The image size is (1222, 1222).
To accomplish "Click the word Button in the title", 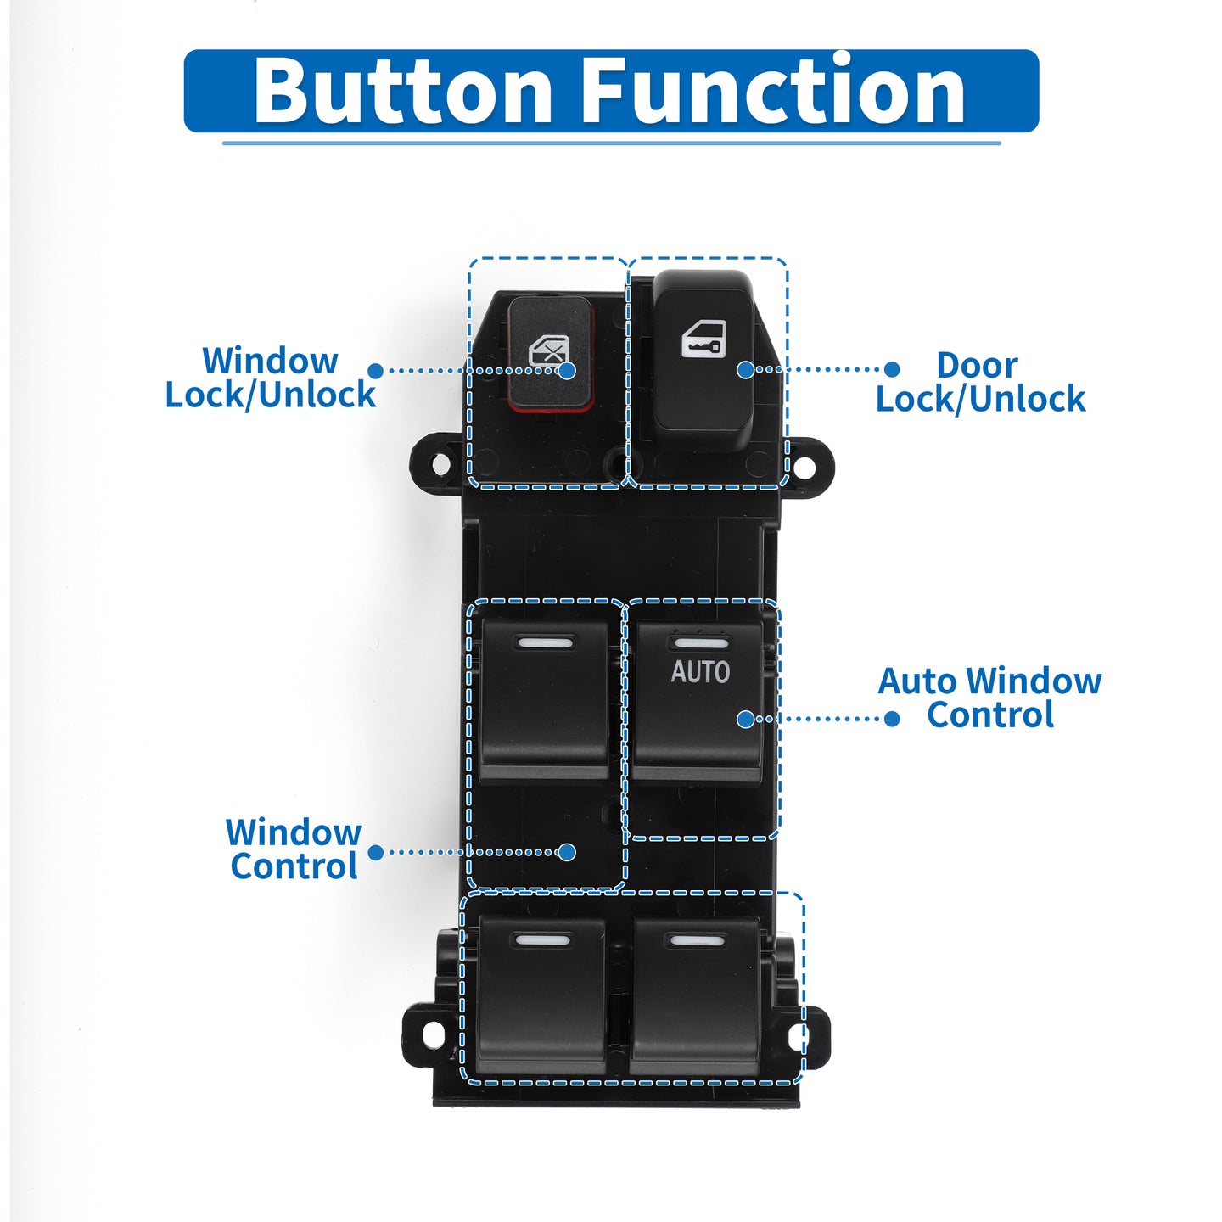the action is coord(403,91).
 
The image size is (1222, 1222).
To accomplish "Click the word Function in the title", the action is coord(772,89).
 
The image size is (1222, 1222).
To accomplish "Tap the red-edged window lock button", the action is coord(551,354).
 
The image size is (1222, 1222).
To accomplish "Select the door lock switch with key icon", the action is coord(703,359).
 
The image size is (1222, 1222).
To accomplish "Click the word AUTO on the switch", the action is coord(700,672).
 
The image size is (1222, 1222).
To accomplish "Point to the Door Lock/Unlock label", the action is coord(980,382).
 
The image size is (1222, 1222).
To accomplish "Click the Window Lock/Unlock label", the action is coord(270,378).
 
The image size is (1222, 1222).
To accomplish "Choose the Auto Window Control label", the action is coord(989,698).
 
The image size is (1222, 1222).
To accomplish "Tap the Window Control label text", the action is coord(294,849).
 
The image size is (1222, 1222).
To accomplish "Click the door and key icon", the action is coord(703,339).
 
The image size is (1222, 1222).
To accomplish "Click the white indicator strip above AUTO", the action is coord(700,643).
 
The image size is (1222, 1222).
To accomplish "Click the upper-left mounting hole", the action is coord(440,463).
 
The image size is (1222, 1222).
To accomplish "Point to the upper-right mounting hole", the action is coord(803,468).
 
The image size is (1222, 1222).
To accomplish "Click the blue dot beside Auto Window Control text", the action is coord(892,719).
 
